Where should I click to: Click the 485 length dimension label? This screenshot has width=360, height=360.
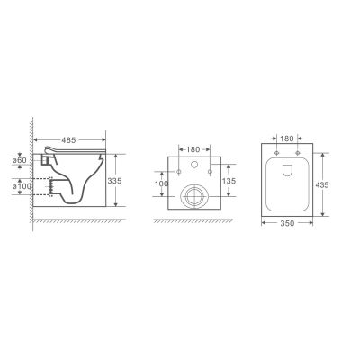pyautogui.click(x=68, y=140)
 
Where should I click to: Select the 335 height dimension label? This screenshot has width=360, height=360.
pyautogui.click(x=114, y=181)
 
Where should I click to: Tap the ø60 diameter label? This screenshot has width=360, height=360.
pyautogui.click(x=20, y=160)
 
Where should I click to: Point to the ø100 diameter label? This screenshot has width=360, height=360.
pyautogui.click(x=22, y=186)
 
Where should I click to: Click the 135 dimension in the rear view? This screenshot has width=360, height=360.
pyautogui.click(x=229, y=181)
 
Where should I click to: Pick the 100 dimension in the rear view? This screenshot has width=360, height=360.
pyautogui.click(x=162, y=184)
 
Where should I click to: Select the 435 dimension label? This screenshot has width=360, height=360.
pyautogui.click(x=322, y=185)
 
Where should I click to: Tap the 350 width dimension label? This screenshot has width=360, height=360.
pyautogui.click(x=287, y=223)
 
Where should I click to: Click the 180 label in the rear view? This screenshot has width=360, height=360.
pyautogui.click(x=193, y=149)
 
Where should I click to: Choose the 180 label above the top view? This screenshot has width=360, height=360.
pyautogui.click(x=287, y=139)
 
